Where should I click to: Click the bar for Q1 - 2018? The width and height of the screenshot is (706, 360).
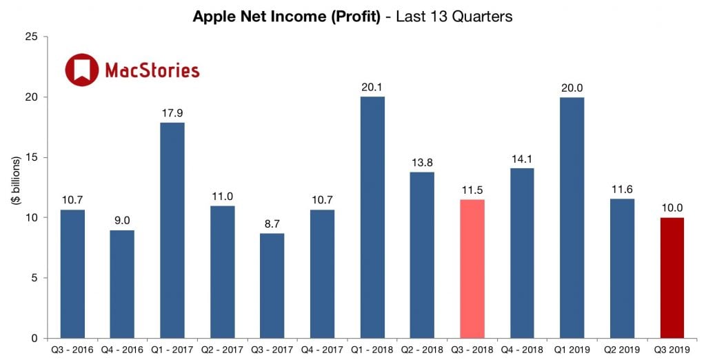point(372,217)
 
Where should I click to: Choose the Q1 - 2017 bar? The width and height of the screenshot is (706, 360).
point(172,230)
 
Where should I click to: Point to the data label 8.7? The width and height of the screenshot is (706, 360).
point(272,223)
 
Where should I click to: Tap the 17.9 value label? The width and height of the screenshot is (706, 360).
point(172,112)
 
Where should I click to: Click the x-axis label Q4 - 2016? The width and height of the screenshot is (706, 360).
point(122,349)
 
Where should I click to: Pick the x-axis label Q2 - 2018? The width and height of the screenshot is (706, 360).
point(422,349)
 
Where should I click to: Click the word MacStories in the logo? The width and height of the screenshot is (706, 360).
point(152,70)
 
